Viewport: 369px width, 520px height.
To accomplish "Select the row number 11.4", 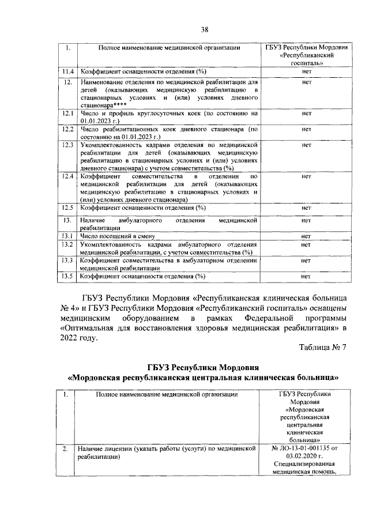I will pyautogui.click(x=69, y=71).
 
